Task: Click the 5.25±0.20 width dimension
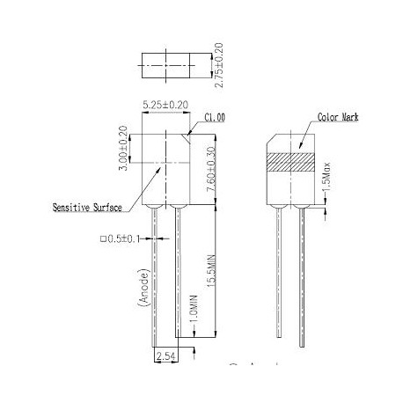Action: pos(165,105)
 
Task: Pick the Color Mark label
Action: pos(314,116)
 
